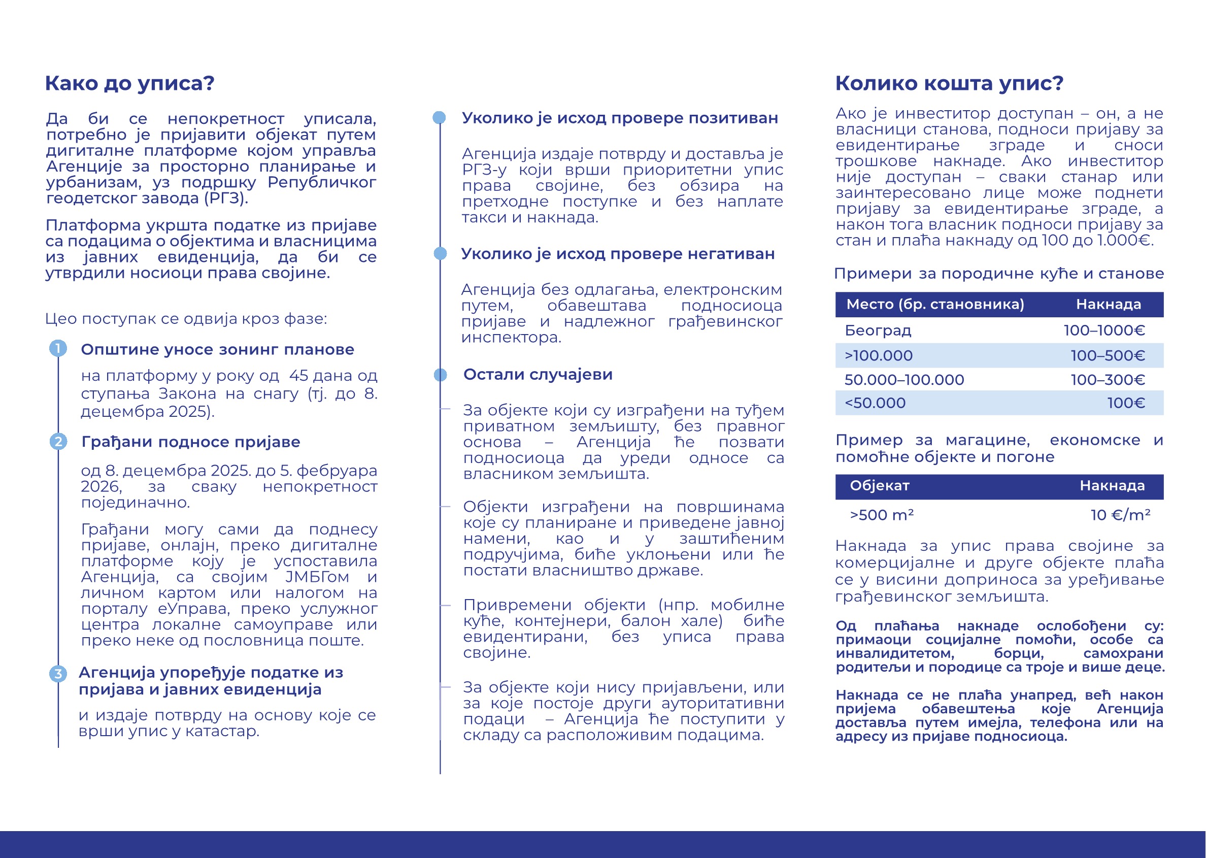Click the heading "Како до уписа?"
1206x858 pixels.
point(129,83)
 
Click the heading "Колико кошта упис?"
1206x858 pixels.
point(949,83)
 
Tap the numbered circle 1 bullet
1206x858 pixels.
point(58,348)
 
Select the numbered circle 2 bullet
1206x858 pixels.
point(58,441)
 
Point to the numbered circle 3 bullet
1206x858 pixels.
point(58,674)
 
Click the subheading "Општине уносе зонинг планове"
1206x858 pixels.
point(217,350)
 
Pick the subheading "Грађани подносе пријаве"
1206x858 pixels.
point(191,442)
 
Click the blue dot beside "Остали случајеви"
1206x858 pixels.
point(440,375)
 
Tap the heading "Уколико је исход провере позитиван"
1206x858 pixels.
point(620,118)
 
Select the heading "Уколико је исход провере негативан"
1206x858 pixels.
point(618,254)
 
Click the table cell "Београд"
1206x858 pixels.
point(878,331)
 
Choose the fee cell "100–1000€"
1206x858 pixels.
point(1104,331)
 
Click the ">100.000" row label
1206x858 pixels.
point(879,355)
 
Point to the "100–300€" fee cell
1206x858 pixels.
point(1108,380)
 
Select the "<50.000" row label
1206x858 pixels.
point(875,403)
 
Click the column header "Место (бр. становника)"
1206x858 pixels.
point(935,304)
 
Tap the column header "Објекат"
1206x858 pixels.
point(880,486)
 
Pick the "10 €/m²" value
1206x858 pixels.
point(1120,515)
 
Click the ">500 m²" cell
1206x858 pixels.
point(881,515)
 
